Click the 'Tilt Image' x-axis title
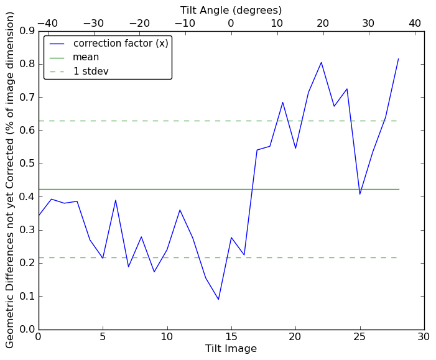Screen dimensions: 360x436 [231, 349]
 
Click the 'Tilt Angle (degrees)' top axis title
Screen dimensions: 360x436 [231, 10]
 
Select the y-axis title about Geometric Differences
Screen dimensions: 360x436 [10, 180]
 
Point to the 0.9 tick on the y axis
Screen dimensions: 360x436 [27, 31]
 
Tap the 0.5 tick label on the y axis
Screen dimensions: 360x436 [27, 164]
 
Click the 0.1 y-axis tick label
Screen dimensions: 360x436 [27, 297]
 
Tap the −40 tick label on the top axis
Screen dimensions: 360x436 [47, 23]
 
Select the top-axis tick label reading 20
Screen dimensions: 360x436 [323, 23]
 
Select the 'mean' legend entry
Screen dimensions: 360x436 [86, 57]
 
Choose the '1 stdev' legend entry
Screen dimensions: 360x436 [91, 71]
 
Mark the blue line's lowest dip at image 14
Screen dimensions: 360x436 [218, 300]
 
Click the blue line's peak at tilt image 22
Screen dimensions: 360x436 [321, 62]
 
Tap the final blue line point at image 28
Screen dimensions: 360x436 [398, 59]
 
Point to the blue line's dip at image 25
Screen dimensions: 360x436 [359, 194]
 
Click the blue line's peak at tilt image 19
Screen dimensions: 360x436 [282, 102]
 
